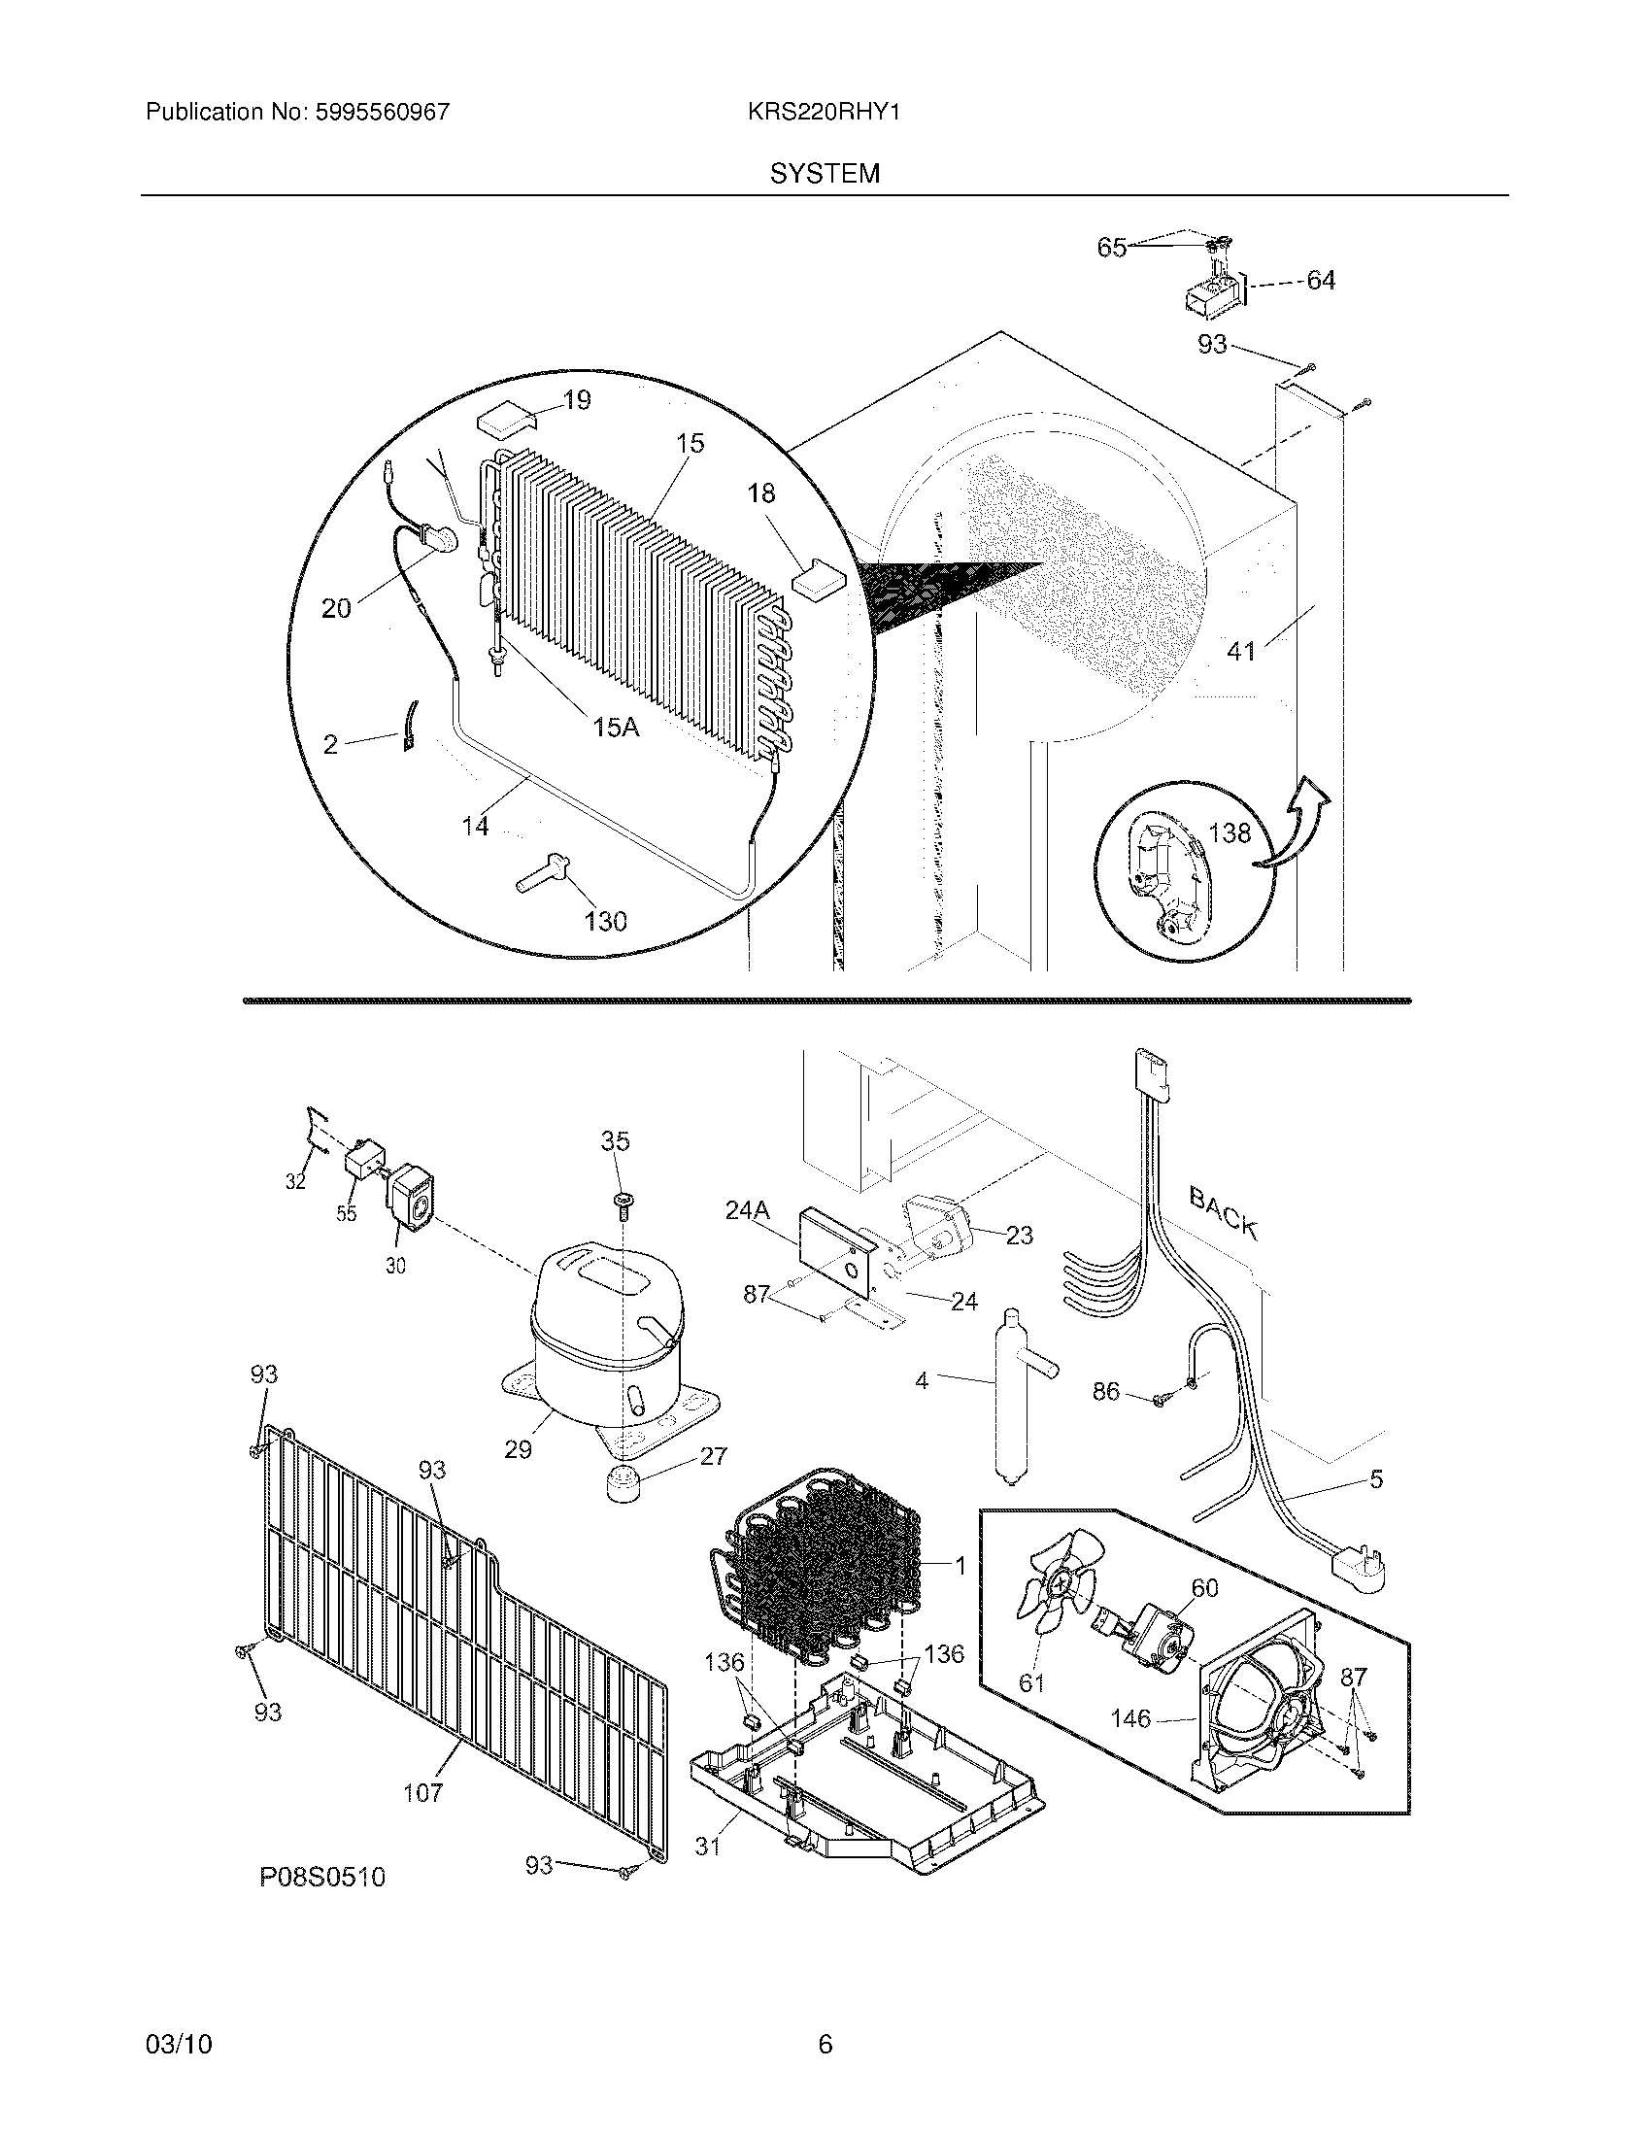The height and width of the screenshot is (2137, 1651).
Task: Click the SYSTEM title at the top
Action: tap(825, 174)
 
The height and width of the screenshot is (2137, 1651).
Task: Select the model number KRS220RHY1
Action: tap(824, 113)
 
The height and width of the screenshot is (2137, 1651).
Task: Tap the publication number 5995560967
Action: tap(383, 113)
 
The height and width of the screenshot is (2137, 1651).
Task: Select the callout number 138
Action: tap(1230, 832)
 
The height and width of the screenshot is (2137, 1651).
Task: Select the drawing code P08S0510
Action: tap(322, 1877)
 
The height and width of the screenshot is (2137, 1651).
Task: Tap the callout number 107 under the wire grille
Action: tap(422, 1792)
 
